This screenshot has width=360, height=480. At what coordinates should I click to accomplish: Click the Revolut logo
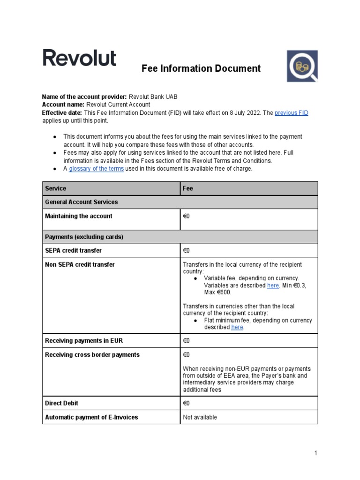(80, 58)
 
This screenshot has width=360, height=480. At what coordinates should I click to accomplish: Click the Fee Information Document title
(201, 68)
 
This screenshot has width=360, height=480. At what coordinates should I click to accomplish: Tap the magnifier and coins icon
(302, 66)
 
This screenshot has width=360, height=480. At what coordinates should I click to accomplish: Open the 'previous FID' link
(291, 113)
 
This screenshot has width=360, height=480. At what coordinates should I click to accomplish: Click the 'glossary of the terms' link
(96, 169)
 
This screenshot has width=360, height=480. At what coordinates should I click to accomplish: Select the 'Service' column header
(55, 188)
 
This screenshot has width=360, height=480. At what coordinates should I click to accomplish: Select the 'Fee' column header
(187, 188)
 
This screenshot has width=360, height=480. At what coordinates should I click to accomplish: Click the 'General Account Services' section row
(81, 202)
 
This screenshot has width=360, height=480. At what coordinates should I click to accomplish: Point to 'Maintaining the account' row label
(78, 216)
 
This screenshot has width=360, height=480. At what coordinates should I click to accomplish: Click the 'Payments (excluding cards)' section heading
(84, 237)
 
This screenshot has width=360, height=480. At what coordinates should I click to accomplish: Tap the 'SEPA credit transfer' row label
(73, 251)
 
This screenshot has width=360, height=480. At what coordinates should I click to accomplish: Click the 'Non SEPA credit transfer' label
(80, 264)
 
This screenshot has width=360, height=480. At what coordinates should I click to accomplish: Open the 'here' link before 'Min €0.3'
(273, 285)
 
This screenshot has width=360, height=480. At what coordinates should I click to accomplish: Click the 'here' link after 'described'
(237, 327)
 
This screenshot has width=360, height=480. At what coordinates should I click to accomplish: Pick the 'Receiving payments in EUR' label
(83, 341)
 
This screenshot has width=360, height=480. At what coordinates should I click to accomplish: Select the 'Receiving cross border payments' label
(92, 355)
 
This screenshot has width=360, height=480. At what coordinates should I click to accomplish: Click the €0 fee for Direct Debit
(186, 403)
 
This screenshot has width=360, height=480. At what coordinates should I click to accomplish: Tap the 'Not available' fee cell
(200, 417)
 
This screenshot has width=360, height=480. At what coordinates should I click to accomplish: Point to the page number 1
(316, 453)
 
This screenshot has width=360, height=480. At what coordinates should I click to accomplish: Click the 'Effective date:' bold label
(62, 113)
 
